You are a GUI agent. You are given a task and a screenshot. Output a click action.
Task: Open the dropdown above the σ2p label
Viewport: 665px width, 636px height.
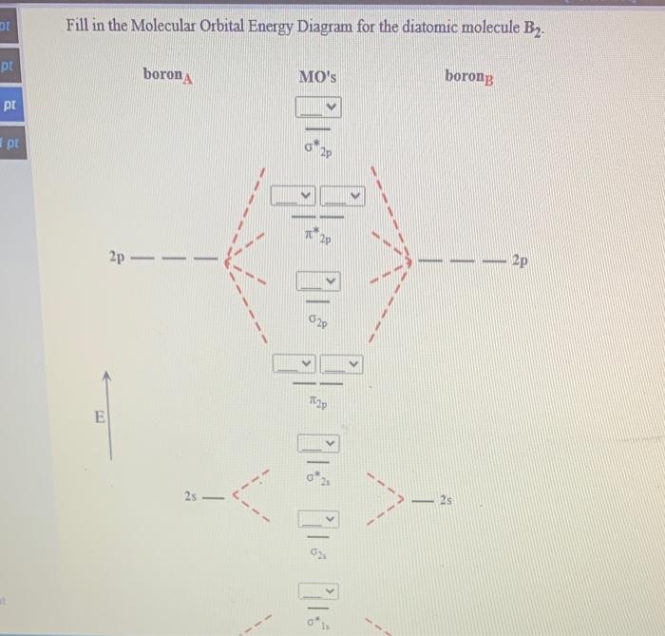click(318, 281)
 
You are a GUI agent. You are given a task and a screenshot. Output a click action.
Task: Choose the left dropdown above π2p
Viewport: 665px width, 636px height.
click(294, 364)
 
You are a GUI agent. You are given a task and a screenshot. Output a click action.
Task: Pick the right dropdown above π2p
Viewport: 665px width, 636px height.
click(341, 364)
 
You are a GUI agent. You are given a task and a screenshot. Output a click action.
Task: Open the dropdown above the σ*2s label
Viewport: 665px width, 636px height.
click(318, 443)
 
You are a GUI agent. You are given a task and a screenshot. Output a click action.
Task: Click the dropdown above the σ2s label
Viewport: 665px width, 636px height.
click(318, 518)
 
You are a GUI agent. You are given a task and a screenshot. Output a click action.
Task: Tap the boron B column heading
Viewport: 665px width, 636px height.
click(468, 75)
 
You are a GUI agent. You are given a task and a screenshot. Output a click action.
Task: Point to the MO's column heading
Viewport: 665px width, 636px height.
click(317, 75)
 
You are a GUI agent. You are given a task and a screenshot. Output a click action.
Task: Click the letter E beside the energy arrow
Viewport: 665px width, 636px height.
click(99, 415)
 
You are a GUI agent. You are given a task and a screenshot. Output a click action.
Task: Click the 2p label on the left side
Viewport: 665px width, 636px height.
click(117, 257)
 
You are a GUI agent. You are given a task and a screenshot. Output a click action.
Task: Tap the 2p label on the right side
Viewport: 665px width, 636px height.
click(520, 259)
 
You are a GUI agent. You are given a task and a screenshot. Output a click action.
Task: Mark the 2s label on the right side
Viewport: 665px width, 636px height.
click(446, 500)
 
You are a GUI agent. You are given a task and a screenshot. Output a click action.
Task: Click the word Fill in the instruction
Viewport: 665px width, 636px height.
click(80, 26)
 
